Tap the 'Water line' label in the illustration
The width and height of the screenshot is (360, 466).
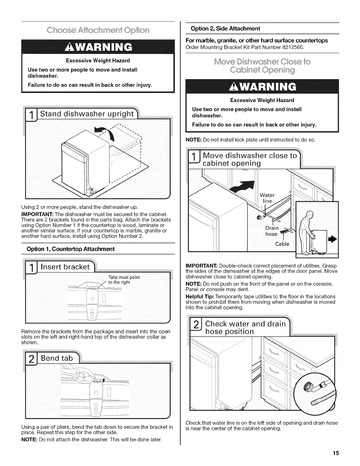(267, 198)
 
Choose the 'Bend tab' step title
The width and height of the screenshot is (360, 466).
(56, 358)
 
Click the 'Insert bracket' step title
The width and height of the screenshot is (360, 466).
(65, 267)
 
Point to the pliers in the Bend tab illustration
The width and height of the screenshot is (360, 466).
(85, 374)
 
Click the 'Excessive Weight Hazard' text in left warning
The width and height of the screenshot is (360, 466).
(98, 61)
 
